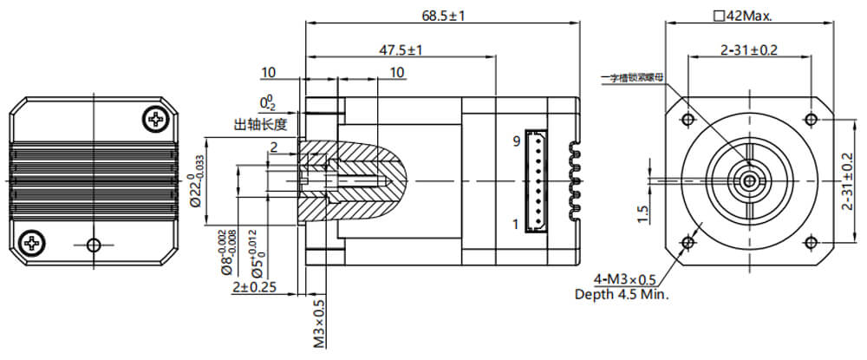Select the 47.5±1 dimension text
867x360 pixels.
pos(400,50)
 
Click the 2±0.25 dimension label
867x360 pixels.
pos(254,288)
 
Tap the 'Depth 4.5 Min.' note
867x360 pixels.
pos(623,294)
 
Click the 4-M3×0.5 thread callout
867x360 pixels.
pos(625,279)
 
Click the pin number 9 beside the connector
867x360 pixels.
pos(515,141)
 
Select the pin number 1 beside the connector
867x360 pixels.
pos(515,224)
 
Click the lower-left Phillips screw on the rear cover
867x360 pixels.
pos(32,242)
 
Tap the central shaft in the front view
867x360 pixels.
pos(749,180)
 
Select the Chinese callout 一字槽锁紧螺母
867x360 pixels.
pos(637,78)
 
